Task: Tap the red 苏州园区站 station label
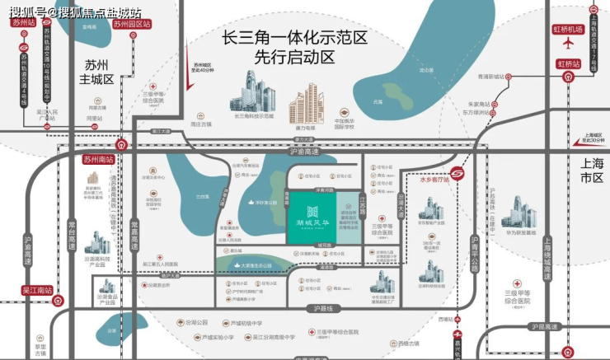[x=132, y=25]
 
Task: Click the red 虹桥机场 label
[x=568, y=29]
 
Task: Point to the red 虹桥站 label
[x=568, y=63]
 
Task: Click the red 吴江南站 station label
[x=37, y=290]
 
